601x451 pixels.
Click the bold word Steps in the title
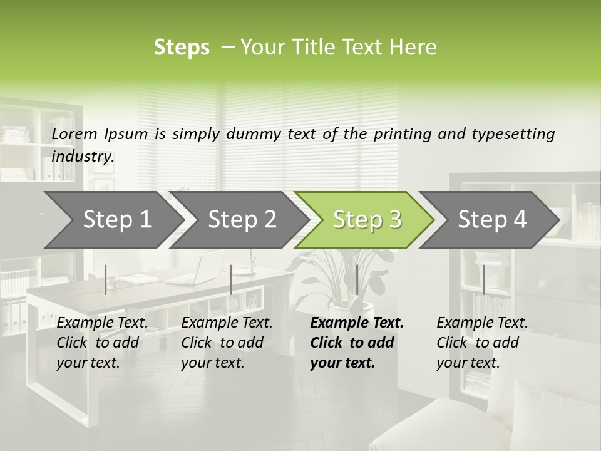pos(182,48)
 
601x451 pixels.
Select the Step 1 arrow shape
pos(113,219)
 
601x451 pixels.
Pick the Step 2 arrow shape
pos(239,219)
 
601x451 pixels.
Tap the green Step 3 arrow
pos(364,219)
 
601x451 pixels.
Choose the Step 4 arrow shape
pos(490,219)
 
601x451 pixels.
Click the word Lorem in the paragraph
pos(74,133)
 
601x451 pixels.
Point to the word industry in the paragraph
pos(82,156)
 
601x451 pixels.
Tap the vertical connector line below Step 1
pos(106,279)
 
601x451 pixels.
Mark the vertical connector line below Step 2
pos(231,279)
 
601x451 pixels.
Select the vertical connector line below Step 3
pos(357,279)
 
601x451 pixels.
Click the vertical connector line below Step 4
pos(483,279)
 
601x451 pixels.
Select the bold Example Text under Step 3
pos(357,323)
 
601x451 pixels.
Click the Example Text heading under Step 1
pos(102,323)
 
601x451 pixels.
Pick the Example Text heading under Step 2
pos(227,323)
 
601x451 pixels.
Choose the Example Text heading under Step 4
pos(482,323)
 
